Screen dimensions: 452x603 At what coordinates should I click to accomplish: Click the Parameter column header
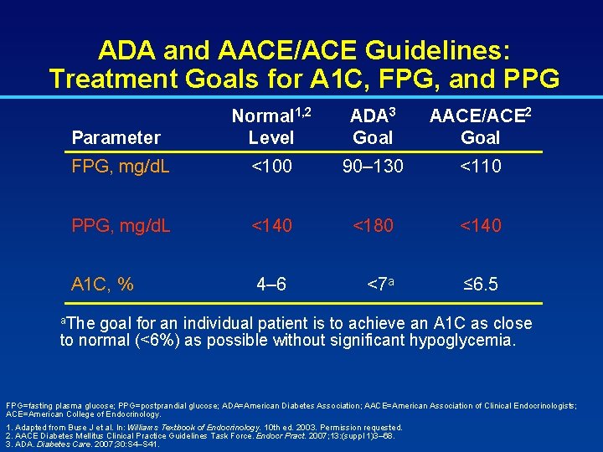[x=116, y=137]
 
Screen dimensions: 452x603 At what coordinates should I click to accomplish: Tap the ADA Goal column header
[x=373, y=126]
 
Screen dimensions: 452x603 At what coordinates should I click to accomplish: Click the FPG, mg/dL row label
[x=121, y=167]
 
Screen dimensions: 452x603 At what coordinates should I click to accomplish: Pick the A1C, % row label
[x=103, y=285]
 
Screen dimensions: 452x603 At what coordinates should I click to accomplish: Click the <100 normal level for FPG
[x=271, y=167]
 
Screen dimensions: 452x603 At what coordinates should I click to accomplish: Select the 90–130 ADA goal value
[x=373, y=167]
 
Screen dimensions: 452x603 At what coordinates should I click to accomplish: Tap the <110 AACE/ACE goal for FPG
[x=480, y=167]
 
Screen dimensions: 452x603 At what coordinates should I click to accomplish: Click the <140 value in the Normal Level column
[x=271, y=225]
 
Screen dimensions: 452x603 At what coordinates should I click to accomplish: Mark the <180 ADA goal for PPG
[x=373, y=225]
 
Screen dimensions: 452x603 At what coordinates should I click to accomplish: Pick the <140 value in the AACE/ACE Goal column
[x=480, y=225]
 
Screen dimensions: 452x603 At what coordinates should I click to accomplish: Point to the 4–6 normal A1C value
[x=271, y=285]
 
